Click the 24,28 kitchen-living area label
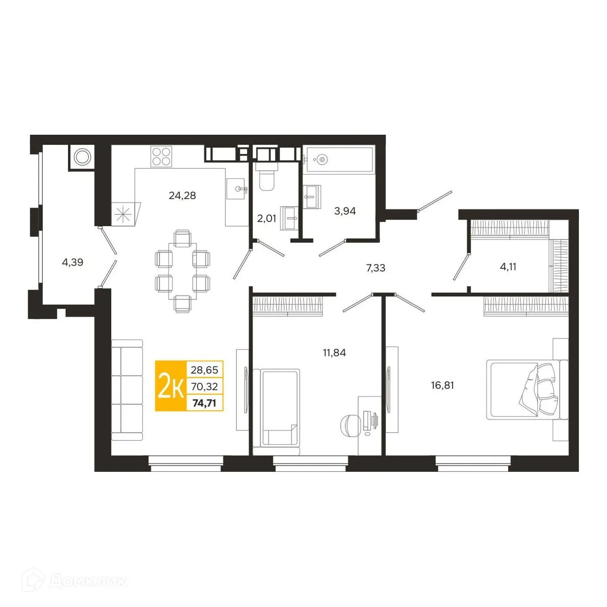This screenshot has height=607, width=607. click(182, 195)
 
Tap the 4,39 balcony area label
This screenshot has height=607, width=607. click(72, 262)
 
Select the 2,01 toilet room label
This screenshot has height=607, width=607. click(267, 218)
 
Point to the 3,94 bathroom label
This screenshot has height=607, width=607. click(345, 211)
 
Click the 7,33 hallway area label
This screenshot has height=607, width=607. click(376, 268)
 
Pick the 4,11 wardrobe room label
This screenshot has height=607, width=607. click(508, 266)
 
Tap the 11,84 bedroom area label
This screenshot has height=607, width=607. click(334, 353)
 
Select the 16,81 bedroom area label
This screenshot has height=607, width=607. click(442, 385)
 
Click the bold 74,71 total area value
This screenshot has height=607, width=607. click(204, 403)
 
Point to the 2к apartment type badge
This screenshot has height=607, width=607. click(171, 386)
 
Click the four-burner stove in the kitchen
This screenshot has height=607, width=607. click(161, 156)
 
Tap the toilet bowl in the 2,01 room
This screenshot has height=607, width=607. click(266, 180)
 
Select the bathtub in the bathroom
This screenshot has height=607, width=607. click(339, 160)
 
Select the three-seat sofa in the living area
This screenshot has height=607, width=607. click(127, 390)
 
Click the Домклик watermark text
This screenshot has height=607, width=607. click(87, 581)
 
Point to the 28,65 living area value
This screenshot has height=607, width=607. click(204, 370)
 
